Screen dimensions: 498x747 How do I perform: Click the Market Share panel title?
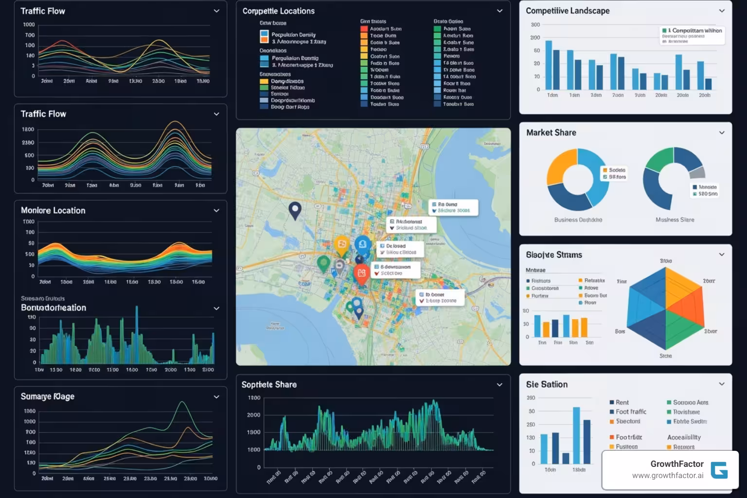[551, 133]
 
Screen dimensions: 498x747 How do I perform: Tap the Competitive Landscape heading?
[567, 11]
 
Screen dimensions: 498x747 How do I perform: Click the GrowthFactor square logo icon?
[719, 470]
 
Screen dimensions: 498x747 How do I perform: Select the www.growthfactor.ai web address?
[667, 476]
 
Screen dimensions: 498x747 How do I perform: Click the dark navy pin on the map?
[295, 210]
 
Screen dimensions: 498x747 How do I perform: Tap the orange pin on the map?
[342, 245]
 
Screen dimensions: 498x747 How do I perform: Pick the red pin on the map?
[361, 273]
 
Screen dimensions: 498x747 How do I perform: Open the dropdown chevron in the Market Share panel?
[722, 133]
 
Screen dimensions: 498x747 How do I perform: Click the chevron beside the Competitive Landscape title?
[722, 11]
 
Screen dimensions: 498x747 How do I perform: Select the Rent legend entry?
[622, 402]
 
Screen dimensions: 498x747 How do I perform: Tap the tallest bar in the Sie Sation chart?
[576, 435]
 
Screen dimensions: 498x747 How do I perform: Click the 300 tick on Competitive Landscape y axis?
[535, 24]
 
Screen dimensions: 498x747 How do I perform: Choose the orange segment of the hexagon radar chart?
[683, 289]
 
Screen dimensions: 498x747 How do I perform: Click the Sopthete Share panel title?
[269, 385]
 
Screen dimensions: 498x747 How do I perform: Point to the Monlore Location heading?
[53, 211]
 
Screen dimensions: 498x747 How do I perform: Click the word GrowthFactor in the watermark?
[677, 464]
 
